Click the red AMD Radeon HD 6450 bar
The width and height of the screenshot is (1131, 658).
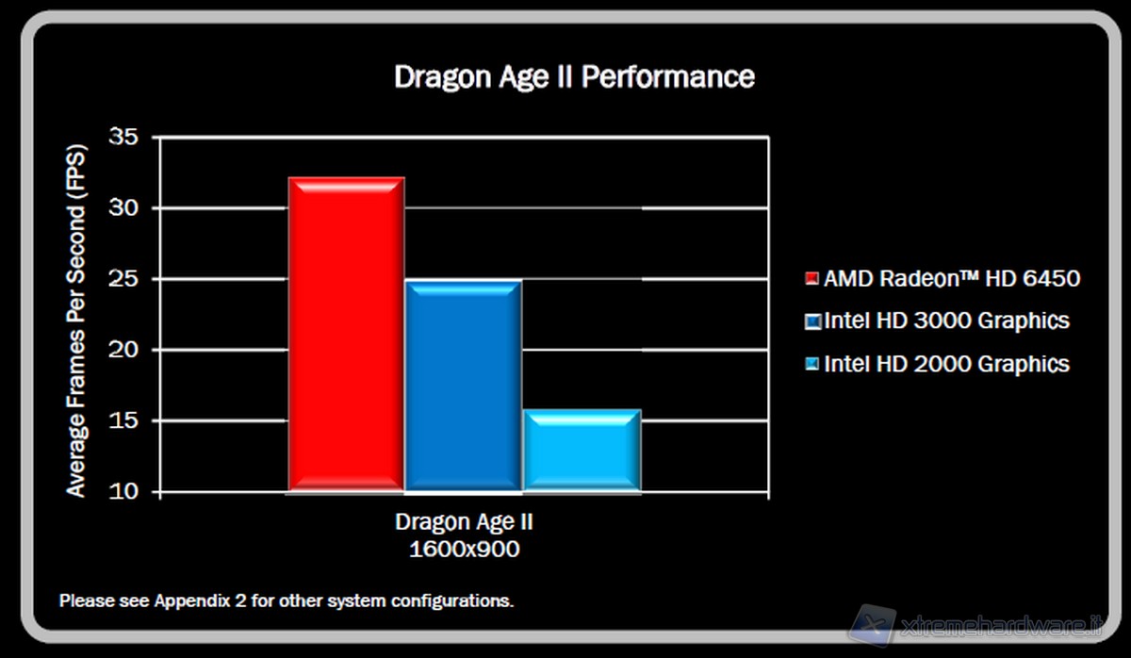click(345, 334)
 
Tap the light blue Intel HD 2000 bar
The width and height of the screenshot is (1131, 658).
click(582, 450)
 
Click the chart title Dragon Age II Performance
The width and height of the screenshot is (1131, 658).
click(574, 76)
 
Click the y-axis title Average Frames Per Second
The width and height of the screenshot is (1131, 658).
click(76, 321)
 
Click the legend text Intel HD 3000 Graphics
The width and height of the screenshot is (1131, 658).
click(946, 321)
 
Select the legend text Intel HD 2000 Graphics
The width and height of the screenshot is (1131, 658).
click(946, 364)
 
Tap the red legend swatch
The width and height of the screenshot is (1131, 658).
click(811, 279)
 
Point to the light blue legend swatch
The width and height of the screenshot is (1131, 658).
click(811, 365)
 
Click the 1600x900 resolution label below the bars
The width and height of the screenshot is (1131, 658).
click(464, 549)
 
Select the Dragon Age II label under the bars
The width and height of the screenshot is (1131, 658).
click(464, 522)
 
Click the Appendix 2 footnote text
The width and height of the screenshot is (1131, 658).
click(287, 600)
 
